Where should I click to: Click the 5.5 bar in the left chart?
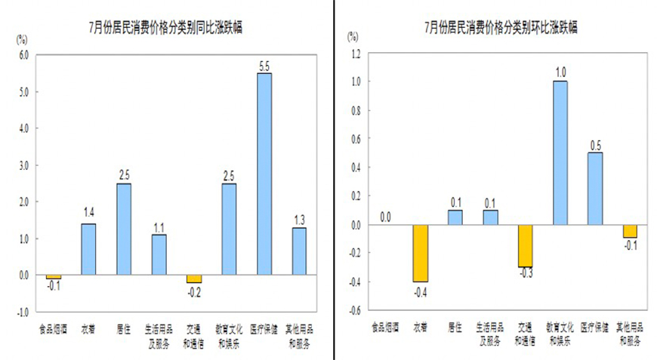pos(264,174)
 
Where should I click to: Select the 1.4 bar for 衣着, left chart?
pos(88,249)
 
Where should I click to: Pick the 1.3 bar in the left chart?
pos(299,251)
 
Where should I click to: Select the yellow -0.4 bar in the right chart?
pos(421,253)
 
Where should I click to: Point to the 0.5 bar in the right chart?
pos(595,189)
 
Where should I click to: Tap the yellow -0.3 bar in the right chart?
pos(525,246)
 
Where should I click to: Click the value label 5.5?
pos(264,66)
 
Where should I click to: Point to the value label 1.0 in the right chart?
pos(560,72)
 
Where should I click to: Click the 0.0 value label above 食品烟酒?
pos(385,217)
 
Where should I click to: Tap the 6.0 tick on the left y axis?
pos(23,55)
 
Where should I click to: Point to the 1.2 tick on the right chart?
pos(355,53)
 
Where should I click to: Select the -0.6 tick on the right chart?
pos(354,309)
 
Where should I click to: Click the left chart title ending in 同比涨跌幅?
pos(165,28)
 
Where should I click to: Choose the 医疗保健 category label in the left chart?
pos(264,328)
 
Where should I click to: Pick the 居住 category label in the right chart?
pos(455,328)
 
